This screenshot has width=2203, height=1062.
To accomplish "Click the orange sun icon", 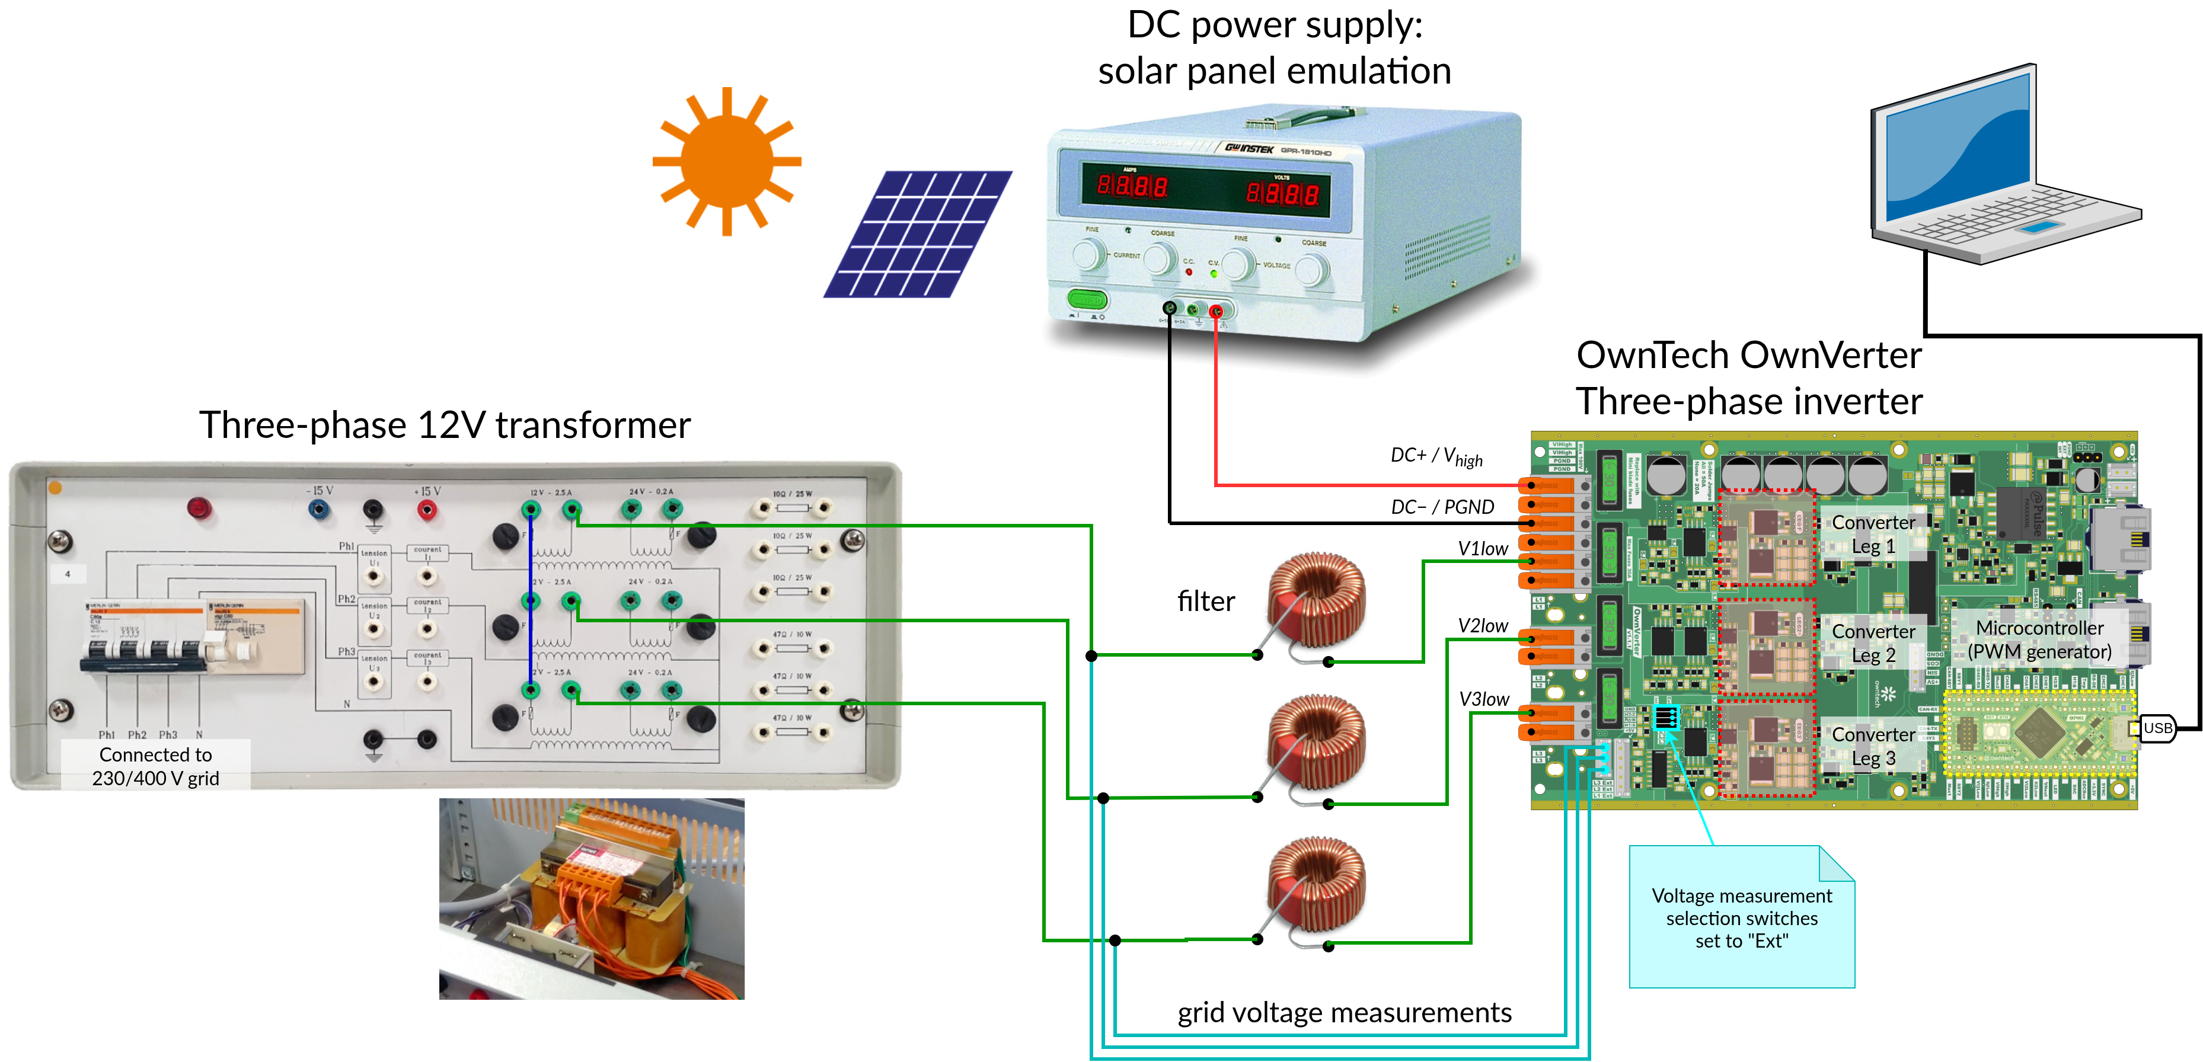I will pos(726,161).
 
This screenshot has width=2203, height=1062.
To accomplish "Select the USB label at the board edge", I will pos(2157,728).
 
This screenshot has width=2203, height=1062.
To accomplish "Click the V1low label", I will pos(1482,549).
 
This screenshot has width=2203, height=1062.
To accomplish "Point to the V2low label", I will pos(1482,626).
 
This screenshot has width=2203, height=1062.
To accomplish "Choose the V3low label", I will pos(1483,699).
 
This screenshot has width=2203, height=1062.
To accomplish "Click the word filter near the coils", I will pos(1206,601).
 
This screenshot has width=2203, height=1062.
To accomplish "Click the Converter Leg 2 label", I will pos(1873,643).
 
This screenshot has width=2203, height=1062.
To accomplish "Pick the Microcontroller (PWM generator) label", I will pos(2039,639).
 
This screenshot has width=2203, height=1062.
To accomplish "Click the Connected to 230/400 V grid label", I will pos(156,766).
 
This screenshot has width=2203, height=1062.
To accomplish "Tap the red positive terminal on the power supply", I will pos(1215,311).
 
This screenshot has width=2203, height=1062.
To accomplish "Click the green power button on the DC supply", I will pos(1087,300).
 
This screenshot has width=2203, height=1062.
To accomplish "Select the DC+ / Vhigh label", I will pos(1436,456).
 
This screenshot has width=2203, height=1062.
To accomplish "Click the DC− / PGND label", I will pos(1442,507).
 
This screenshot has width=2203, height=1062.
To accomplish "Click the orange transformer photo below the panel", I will pos(591,898).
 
